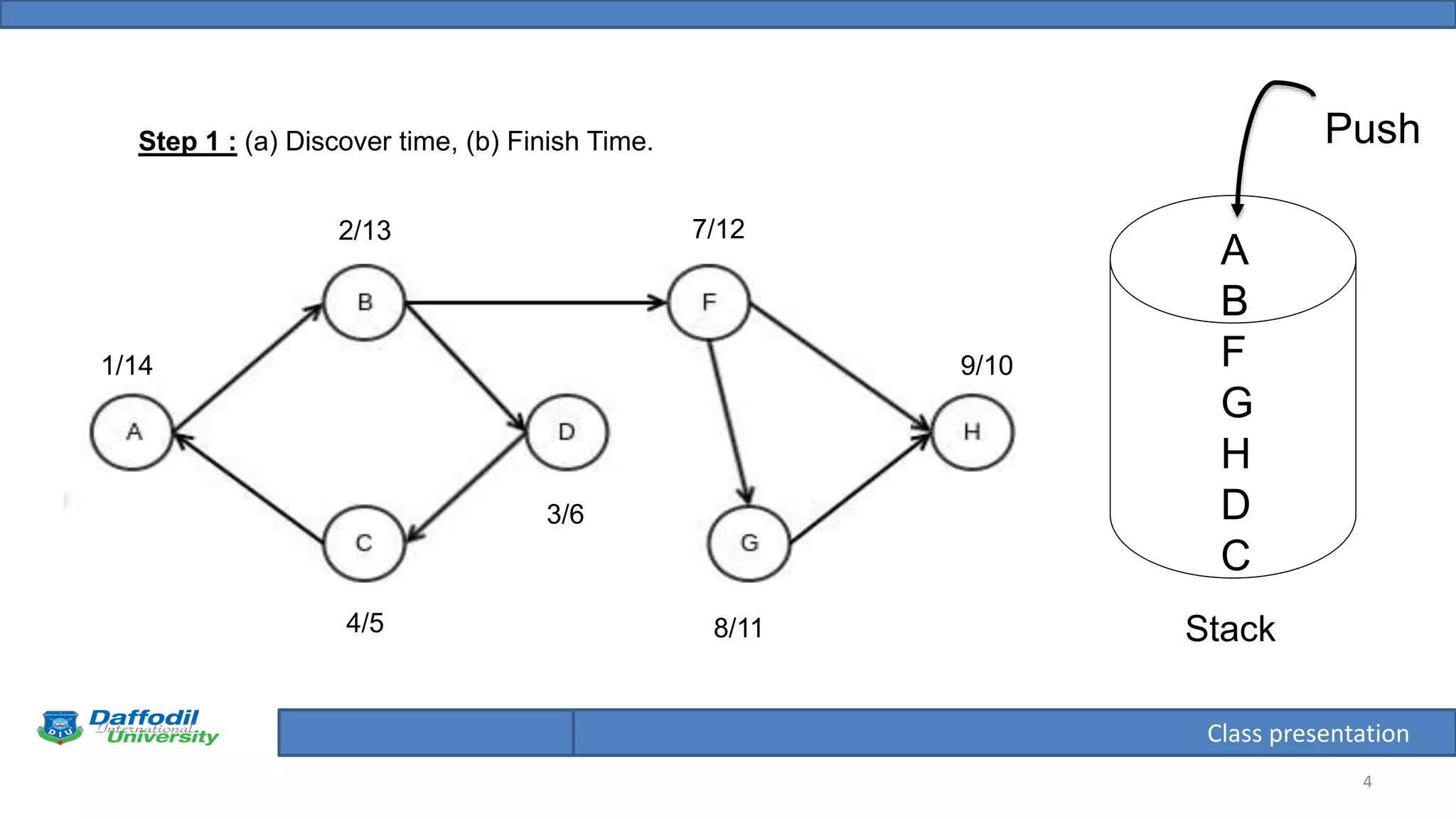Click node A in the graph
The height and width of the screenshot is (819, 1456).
tap(132, 432)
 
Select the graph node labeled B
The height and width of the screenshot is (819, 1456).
tap(365, 303)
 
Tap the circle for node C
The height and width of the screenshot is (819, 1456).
tap(364, 544)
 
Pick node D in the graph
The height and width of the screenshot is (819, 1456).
tap(567, 432)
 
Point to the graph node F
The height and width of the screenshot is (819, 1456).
tap(709, 303)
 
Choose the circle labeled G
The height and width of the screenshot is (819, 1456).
tap(749, 544)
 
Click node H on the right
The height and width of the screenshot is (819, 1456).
tap(973, 432)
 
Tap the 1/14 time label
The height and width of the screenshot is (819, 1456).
tap(127, 365)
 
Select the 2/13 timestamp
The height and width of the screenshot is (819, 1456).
tap(365, 230)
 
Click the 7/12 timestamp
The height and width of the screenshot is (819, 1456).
tap(719, 229)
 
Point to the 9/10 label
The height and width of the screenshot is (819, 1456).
tap(987, 365)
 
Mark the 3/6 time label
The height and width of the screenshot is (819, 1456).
tap(565, 514)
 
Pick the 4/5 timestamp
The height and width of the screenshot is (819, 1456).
tap(365, 623)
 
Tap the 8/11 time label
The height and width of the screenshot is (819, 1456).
tap(739, 628)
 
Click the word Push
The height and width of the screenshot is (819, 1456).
tap(1372, 129)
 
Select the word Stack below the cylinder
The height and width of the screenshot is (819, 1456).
tap(1230, 629)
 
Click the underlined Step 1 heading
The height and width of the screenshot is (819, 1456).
tap(187, 141)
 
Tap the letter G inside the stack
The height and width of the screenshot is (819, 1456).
tap(1236, 402)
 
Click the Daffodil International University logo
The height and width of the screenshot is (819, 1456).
tap(128, 727)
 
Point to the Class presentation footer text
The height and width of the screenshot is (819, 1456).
tap(1307, 733)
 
